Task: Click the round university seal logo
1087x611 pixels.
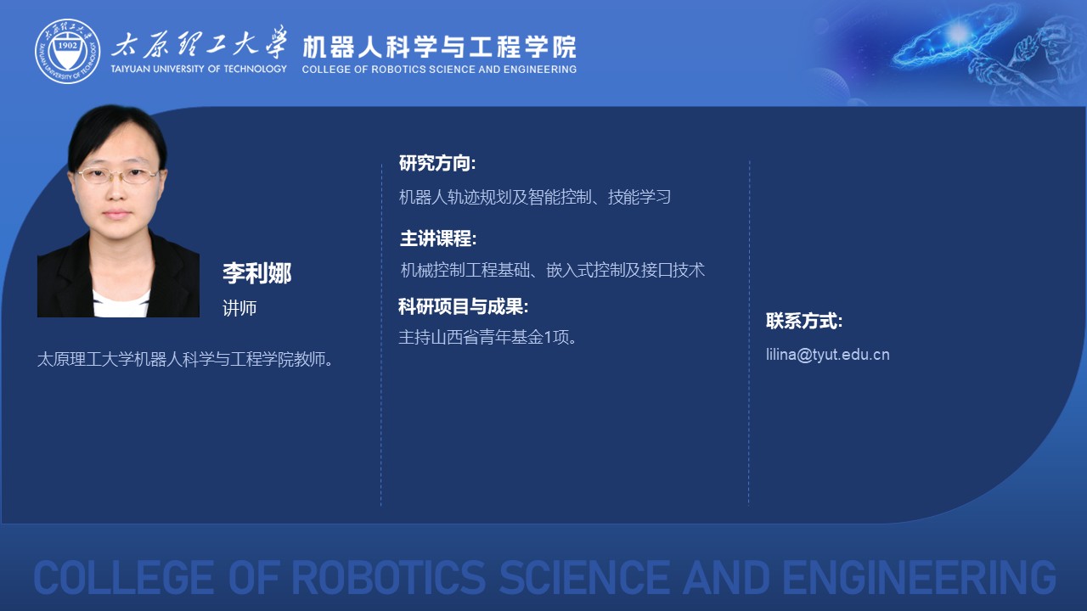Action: coord(67,51)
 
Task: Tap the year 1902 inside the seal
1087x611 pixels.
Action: coord(67,46)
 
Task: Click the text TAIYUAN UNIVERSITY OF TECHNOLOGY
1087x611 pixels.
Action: coord(199,69)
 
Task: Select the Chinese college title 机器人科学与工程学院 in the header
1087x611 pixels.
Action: coord(439,47)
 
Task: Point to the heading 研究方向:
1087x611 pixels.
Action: coord(437,163)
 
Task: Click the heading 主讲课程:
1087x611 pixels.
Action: coord(438,238)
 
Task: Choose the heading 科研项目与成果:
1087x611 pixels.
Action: coord(463,306)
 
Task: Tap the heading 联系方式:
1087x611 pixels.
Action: coord(804,321)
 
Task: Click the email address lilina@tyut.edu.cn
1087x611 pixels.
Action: coord(828,355)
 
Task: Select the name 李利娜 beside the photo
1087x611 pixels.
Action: coord(257,273)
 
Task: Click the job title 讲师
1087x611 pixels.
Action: coord(239,308)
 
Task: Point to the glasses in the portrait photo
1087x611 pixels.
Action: coord(118,175)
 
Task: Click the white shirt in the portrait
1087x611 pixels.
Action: coord(121,304)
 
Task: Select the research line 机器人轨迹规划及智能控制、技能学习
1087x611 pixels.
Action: coord(535,197)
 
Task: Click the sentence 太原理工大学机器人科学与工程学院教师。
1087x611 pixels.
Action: coord(185,359)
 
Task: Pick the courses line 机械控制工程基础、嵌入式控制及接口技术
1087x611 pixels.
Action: coord(552,270)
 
